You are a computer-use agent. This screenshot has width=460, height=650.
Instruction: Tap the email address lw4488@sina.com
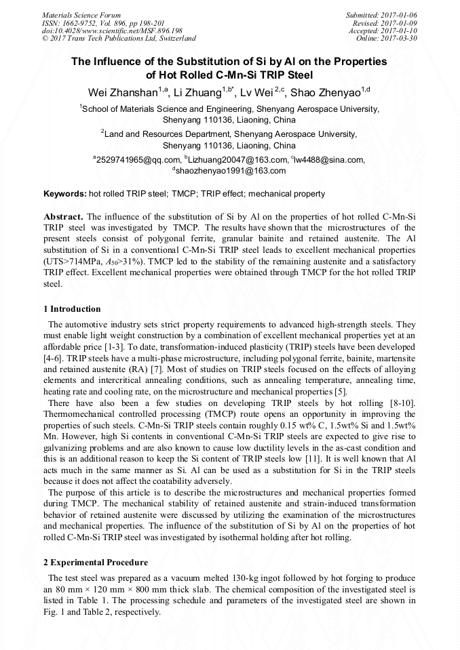point(330,159)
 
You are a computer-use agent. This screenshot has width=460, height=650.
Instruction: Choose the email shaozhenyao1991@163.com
point(231,171)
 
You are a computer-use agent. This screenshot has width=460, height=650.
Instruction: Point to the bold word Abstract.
point(64,216)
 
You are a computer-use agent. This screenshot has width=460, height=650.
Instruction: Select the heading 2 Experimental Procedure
point(96,563)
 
